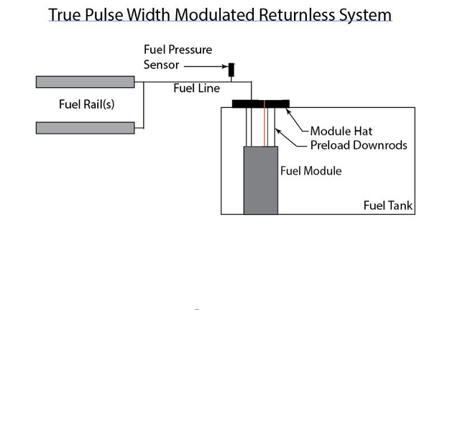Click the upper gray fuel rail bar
tap(85, 82)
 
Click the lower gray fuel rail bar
tap(85, 128)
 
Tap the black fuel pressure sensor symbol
tap(231, 70)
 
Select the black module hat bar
tap(260, 104)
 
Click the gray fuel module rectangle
tap(260, 180)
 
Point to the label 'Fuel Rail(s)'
tap(86, 105)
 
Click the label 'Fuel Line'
tap(196, 88)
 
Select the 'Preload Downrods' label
tap(358, 145)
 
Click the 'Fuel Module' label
tap(310, 171)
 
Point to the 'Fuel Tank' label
tap(388, 206)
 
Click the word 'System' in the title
tap(367, 14)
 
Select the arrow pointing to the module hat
tap(297, 121)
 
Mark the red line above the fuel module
tap(264, 126)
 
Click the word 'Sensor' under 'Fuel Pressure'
tap(161, 65)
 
